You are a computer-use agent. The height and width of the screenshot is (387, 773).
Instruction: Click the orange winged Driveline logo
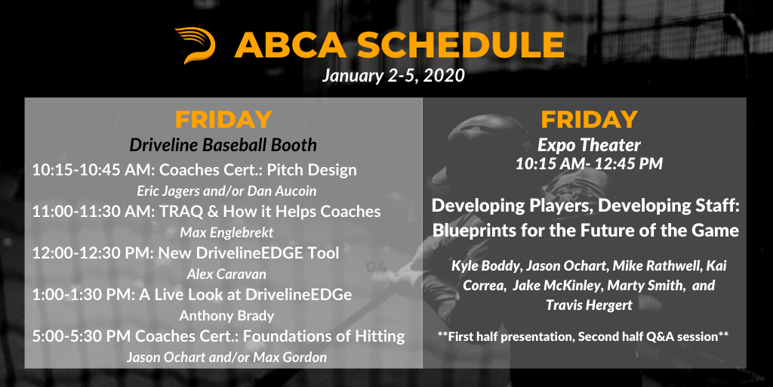pos(196,45)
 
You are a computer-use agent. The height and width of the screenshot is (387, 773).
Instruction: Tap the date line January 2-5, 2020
pos(393,76)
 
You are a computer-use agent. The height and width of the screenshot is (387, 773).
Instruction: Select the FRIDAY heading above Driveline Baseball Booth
pos(223,119)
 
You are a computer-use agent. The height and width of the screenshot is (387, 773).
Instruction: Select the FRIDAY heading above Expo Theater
pos(589,119)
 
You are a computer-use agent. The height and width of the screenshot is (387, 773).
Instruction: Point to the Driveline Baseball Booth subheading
pos(223,145)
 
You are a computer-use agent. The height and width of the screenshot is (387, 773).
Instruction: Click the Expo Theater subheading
pos(589,145)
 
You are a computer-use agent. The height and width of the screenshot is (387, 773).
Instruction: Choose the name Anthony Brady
pos(226,315)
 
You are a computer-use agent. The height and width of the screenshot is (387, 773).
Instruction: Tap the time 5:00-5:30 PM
pos(82,336)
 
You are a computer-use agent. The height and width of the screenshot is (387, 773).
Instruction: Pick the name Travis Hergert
pos(589,305)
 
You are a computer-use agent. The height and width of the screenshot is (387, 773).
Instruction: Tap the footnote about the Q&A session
pos(584,337)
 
